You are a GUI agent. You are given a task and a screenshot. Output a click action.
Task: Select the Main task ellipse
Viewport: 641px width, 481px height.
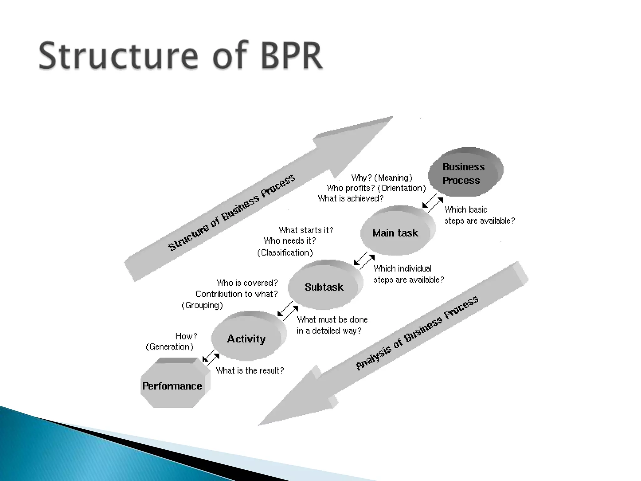point(396,232)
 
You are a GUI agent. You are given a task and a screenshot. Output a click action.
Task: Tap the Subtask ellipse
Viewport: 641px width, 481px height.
point(324,286)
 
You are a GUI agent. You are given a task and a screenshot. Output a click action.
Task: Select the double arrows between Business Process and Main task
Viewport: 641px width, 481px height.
point(433,203)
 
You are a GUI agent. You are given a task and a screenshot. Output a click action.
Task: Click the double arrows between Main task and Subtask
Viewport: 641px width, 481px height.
point(364,261)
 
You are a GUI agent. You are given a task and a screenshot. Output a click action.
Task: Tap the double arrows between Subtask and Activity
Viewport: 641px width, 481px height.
point(288,311)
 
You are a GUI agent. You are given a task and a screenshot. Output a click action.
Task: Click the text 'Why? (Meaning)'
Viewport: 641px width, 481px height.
point(382,178)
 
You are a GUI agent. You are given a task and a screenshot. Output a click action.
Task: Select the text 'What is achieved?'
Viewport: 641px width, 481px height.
point(351,199)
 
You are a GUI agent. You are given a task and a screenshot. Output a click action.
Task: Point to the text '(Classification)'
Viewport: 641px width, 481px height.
point(285,253)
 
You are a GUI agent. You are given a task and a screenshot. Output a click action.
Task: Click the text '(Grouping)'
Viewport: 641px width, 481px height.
point(202,305)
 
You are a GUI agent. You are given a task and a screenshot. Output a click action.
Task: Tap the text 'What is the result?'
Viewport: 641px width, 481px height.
point(250,371)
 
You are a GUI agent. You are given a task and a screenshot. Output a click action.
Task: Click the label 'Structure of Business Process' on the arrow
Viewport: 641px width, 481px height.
point(232,213)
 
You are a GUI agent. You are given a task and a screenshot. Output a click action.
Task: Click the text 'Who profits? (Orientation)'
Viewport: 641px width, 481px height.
point(376,188)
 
